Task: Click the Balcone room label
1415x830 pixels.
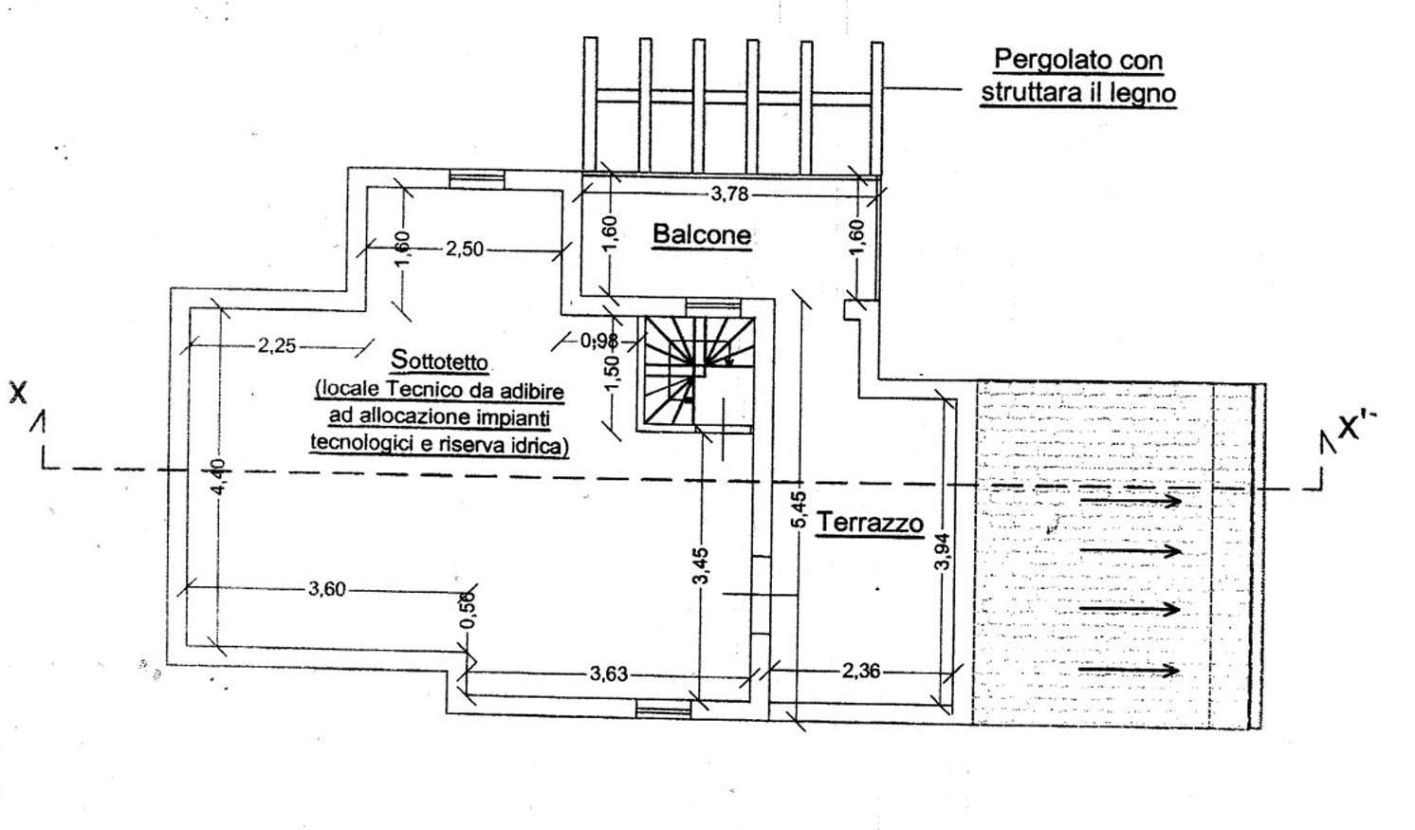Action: [x=702, y=234]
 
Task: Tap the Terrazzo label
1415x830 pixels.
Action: [x=870, y=523]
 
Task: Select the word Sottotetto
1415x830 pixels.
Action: [x=440, y=360]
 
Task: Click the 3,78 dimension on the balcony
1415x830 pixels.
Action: [x=729, y=194]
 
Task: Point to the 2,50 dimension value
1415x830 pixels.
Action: [x=465, y=249]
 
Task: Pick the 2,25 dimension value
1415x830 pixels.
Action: [x=277, y=345]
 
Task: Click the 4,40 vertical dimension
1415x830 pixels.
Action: [x=218, y=477]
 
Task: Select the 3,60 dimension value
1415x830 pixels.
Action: [x=326, y=589]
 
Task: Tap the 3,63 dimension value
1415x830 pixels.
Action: [x=609, y=674]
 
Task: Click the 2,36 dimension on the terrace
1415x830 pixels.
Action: [x=860, y=671]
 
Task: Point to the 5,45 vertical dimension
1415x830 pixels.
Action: [x=799, y=509]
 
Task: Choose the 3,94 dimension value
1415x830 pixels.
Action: [x=943, y=551]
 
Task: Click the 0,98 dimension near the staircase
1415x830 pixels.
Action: [x=598, y=341]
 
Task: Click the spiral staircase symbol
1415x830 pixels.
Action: [x=697, y=373]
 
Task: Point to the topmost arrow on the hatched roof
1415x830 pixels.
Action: [x=1130, y=501]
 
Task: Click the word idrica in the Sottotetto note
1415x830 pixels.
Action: [x=542, y=445]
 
